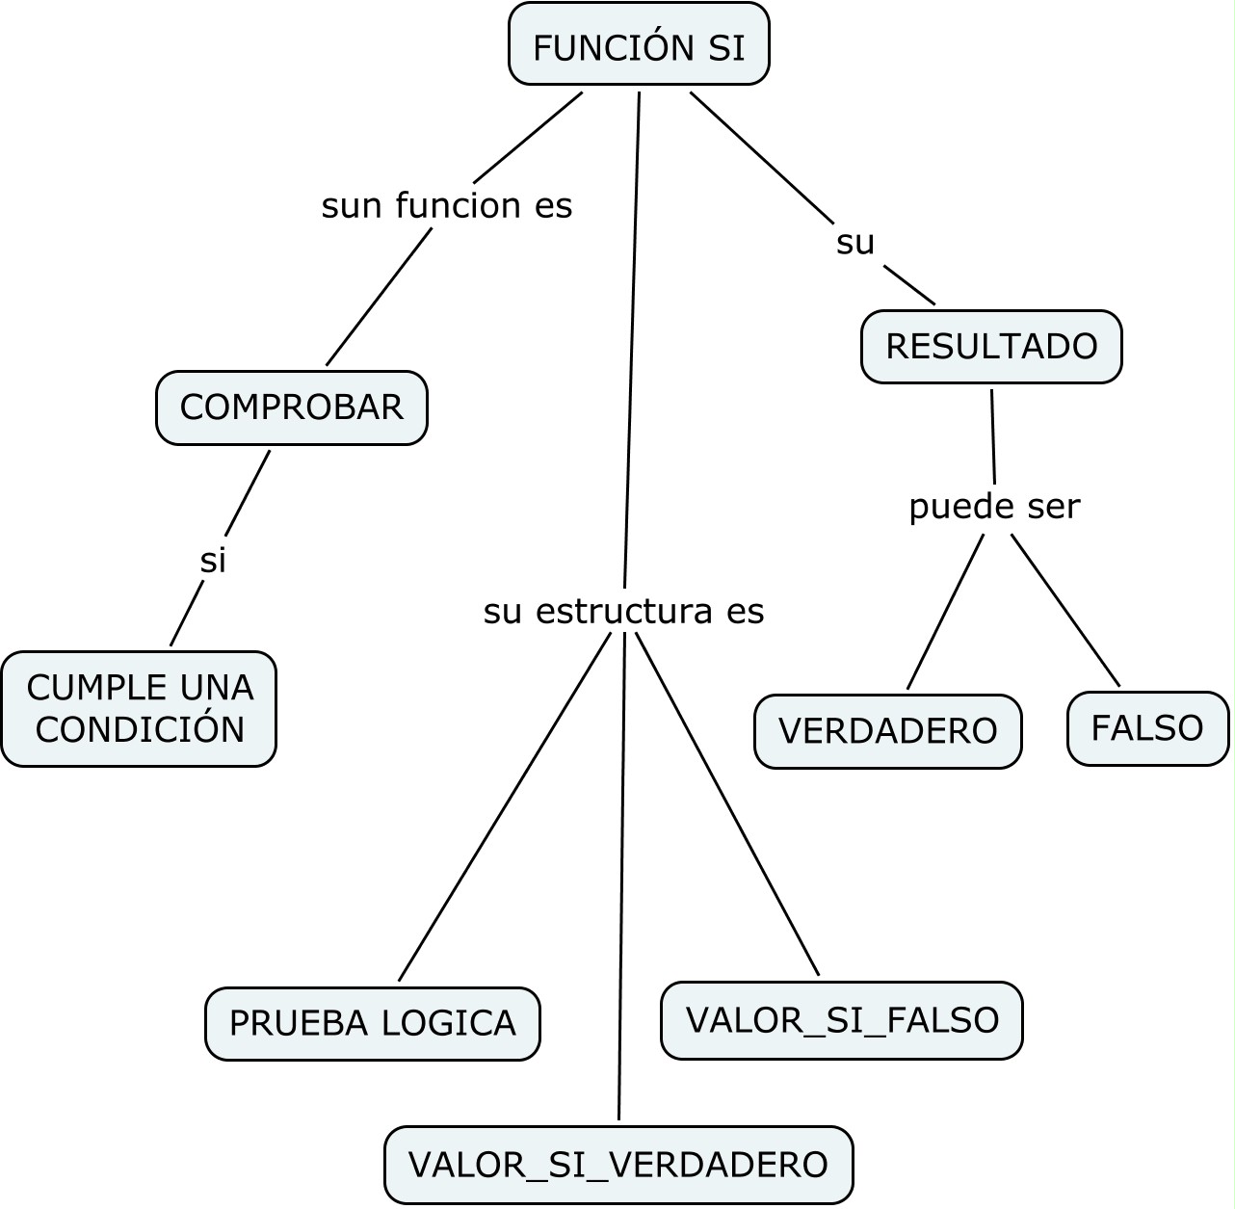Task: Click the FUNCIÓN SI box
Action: (639, 45)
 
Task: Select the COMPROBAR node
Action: (291, 407)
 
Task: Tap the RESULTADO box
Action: (991, 347)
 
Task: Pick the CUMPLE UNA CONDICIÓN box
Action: (139, 709)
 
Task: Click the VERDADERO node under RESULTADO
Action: (887, 731)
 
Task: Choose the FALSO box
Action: (1147, 728)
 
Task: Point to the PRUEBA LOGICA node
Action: (372, 1023)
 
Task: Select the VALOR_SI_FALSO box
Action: (841, 1020)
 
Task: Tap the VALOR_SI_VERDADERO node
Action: (618, 1165)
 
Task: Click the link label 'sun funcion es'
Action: (447, 205)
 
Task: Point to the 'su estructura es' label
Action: (623, 611)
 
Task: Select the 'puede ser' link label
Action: (994, 506)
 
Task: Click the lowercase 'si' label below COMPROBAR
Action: (213, 560)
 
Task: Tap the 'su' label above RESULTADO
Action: (855, 243)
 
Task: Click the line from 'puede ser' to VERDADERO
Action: (945, 612)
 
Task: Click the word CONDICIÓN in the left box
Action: (140, 729)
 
